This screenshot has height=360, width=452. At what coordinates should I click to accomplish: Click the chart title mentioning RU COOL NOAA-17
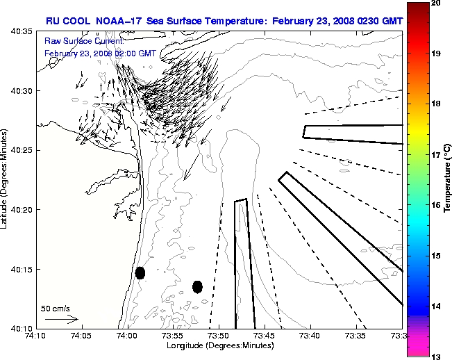coord(224,21)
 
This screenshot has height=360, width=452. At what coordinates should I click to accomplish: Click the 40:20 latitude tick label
coord(19,210)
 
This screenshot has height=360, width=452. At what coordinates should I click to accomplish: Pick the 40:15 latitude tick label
coord(19,269)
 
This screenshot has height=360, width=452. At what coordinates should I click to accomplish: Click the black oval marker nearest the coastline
coord(140,272)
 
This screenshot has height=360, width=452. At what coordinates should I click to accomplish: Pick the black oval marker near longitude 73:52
coord(197,286)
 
